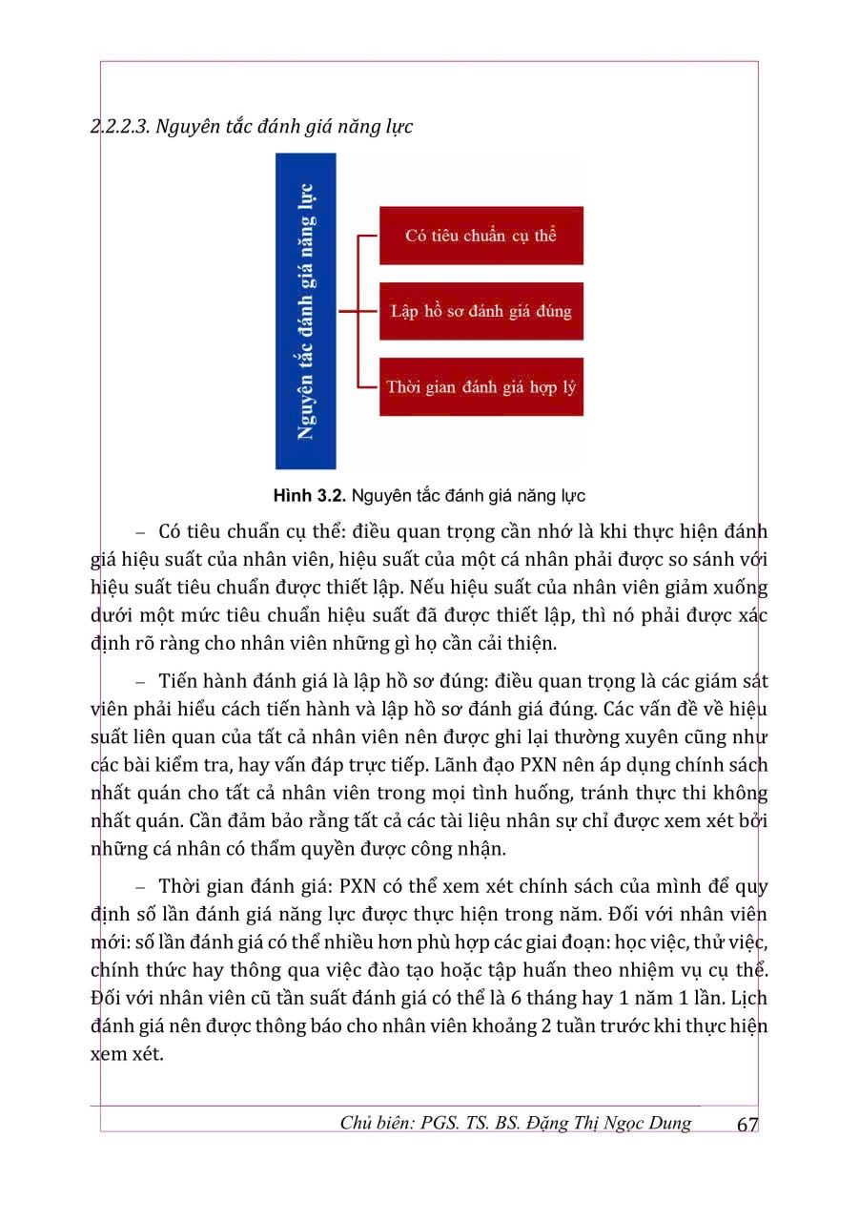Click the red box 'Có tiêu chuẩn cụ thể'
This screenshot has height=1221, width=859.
coord(481,236)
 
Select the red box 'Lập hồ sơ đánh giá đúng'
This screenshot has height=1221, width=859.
coord(481,311)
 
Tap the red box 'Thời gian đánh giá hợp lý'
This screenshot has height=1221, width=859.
coord(481,387)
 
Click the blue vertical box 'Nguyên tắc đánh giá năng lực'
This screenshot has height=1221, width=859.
coord(305,311)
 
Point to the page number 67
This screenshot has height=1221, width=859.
coord(747,1125)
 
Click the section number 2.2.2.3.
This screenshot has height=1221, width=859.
coord(118,126)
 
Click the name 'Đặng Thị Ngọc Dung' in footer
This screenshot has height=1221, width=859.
coord(610,1123)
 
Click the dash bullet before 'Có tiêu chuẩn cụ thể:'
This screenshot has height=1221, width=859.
coord(142,530)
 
